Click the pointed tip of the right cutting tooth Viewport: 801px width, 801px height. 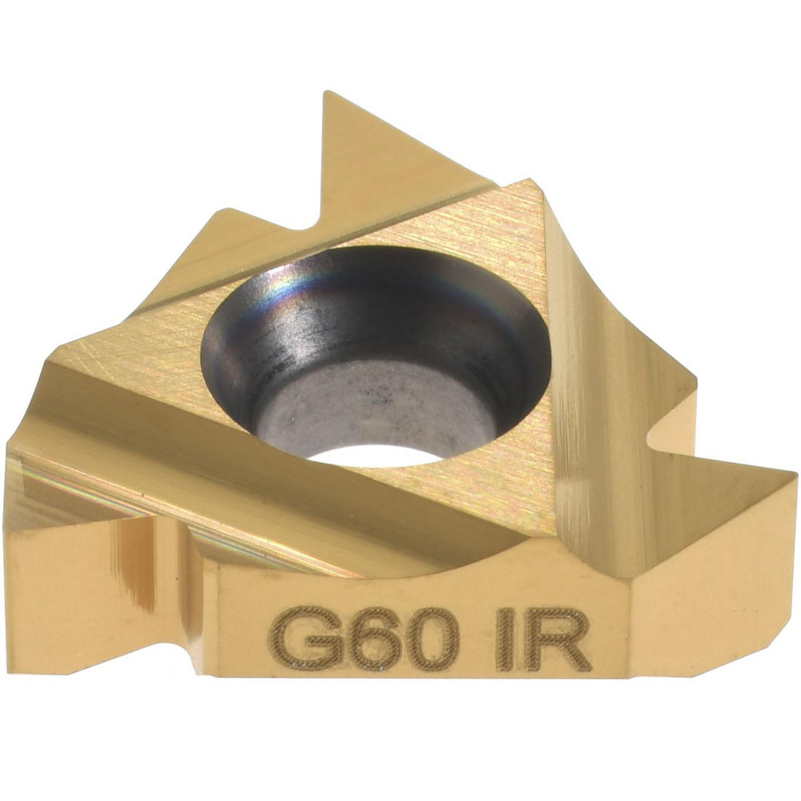[796, 474]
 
